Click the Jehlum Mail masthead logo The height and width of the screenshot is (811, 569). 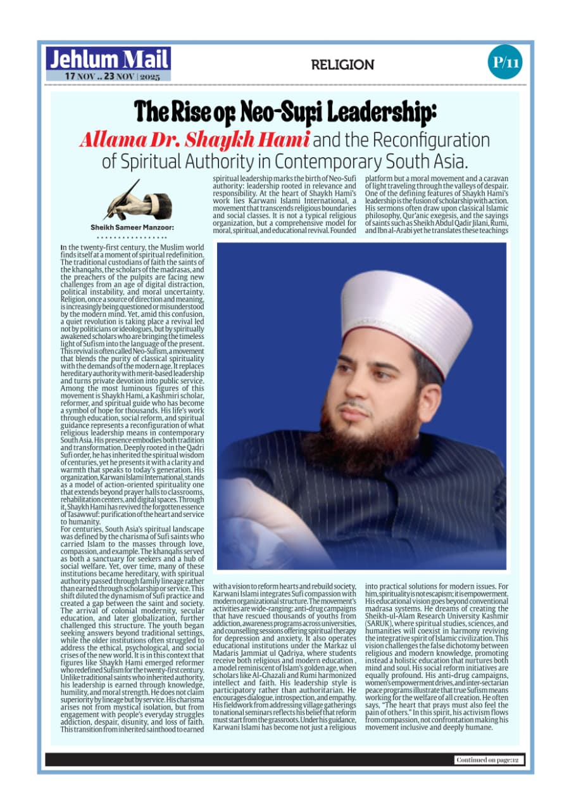[x=108, y=60]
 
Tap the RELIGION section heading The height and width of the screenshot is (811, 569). [x=342, y=65]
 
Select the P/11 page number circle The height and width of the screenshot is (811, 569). [x=505, y=62]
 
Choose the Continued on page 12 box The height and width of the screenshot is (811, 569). [x=489, y=760]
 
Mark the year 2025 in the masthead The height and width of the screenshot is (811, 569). [x=150, y=76]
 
